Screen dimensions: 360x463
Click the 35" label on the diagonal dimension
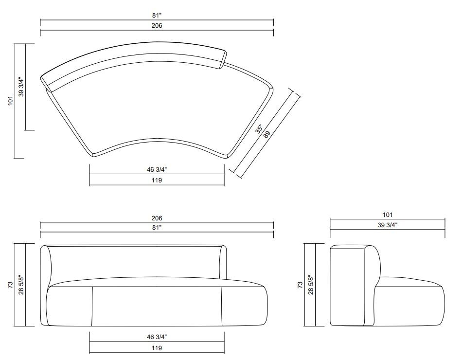click(x=260, y=129)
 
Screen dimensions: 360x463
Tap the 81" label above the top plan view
click(x=157, y=16)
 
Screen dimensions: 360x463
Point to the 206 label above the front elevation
click(x=157, y=218)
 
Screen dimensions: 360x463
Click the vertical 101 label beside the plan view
click(x=10, y=101)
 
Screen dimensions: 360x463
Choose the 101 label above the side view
click(x=387, y=215)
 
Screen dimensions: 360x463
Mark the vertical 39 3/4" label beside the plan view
click(x=21, y=87)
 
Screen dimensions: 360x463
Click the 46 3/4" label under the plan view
click(x=157, y=170)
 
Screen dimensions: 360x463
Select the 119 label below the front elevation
click(x=157, y=348)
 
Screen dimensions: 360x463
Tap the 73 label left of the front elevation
click(x=10, y=285)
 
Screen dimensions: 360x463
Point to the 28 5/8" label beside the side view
click(x=311, y=285)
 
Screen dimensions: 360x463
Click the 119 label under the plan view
click(x=157, y=180)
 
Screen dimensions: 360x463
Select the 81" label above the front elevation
click(x=157, y=227)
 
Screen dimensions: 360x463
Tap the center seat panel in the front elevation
click(x=157, y=306)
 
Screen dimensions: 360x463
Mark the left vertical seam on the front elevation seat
click(x=92, y=306)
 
